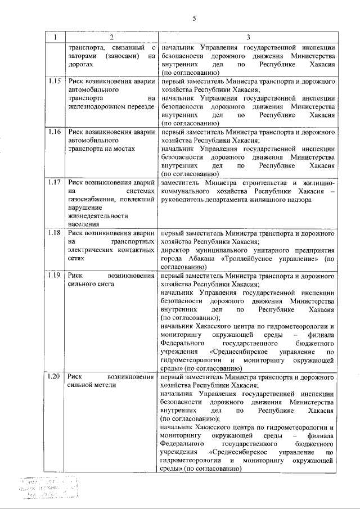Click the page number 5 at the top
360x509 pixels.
click(x=193, y=18)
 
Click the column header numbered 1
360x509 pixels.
click(x=55, y=37)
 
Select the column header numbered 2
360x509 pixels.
click(x=111, y=37)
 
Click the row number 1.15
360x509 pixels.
click(x=55, y=80)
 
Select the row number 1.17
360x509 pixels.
click(x=55, y=183)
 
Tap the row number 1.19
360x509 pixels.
click(x=55, y=276)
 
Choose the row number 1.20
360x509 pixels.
click(x=55, y=376)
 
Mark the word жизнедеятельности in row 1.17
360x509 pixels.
click(x=97, y=216)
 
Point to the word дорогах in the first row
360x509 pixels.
click(x=80, y=64)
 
